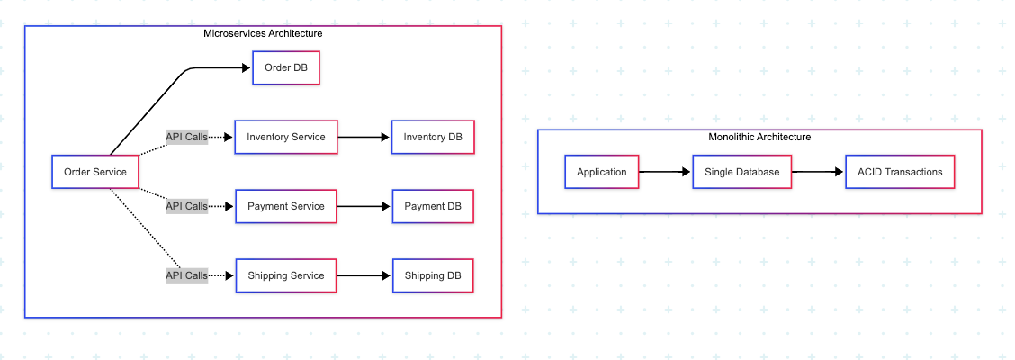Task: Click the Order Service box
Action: (x=94, y=172)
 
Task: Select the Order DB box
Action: (x=286, y=68)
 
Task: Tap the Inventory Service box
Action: (x=285, y=138)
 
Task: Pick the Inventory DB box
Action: (x=433, y=138)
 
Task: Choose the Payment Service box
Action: (x=285, y=206)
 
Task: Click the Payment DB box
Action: (x=433, y=206)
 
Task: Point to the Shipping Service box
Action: (x=285, y=275)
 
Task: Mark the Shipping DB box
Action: (x=433, y=275)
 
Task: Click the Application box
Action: (x=601, y=172)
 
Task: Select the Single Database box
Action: (x=741, y=172)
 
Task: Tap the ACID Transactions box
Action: (x=900, y=172)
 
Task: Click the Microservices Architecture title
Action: (x=263, y=33)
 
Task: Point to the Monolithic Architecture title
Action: (x=759, y=137)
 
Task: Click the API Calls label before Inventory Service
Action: (x=186, y=138)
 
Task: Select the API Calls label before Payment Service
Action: (x=186, y=206)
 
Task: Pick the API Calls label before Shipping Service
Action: (x=186, y=275)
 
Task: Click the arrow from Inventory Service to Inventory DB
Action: (x=364, y=138)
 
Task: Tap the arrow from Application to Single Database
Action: (x=665, y=172)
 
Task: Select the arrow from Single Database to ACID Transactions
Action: (x=818, y=172)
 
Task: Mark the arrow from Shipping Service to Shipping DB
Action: (x=364, y=275)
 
